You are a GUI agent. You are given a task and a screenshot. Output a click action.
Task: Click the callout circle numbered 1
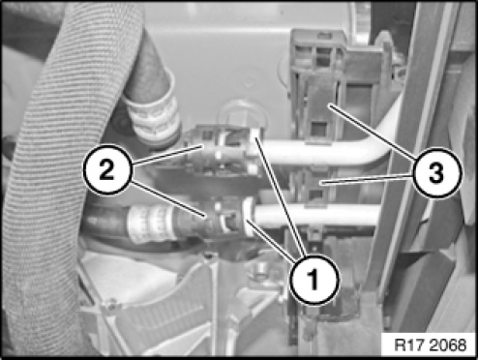click(x=314, y=280)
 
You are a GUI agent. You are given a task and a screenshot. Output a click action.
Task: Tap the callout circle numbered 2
click(x=107, y=169)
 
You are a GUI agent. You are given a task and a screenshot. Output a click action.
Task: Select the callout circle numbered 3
click(x=436, y=172)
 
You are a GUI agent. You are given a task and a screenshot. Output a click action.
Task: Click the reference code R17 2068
click(x=430, y=345)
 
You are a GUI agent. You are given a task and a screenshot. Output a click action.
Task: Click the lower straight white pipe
click(x=317, y=214)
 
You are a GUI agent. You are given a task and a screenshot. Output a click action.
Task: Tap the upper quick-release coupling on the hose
click(x=223, y=150)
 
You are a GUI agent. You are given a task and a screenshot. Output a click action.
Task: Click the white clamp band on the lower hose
click(x=152, y=224)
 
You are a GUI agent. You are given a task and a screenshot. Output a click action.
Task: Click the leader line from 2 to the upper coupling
click(x=167, y=156)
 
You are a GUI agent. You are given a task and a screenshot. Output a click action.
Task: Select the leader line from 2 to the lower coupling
click(x=168, y=198)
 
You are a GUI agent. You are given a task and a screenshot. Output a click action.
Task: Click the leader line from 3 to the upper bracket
click(x=372, y=132)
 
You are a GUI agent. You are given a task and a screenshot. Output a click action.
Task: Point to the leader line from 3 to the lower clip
click(x=367, y=179)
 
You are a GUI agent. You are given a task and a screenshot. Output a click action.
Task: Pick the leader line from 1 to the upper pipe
click(x=280, y=196)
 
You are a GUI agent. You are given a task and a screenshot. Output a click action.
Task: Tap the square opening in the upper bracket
click(x=318, y=130)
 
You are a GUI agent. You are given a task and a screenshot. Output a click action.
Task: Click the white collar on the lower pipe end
click(x=249, y=216)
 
